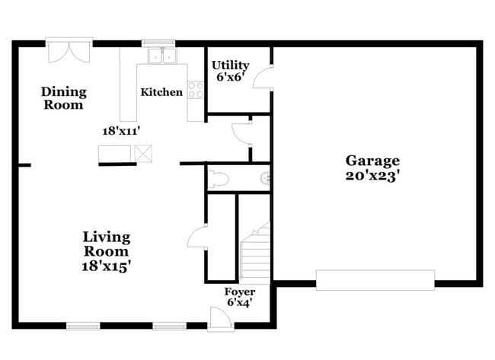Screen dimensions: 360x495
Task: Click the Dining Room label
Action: pyautogui.click(x=63, y=98)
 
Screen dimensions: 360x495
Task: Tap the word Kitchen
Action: pyautogui.click(x=161, y=92)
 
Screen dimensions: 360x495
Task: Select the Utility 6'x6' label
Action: pyautogui.click(x=230, y=71)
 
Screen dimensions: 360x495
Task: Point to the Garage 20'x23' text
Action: pyautogui.click(x=372, y=167)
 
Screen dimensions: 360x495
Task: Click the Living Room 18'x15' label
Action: pyautogui.click(x=107, y=251)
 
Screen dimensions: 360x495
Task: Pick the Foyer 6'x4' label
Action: pyautogui.click(x=239, y=297)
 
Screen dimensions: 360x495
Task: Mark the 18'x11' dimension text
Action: pyautogui.click(x=123, y=130)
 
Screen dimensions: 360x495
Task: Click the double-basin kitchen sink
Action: pyautogui.click(x=161, y=56)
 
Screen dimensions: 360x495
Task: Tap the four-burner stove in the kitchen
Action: pyautogui.click(x=196, y=90)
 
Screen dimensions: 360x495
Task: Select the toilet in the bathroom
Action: pyautogui.click(x=219, y=179)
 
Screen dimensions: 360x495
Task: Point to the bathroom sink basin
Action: pyautogui.click(x=265, y=179)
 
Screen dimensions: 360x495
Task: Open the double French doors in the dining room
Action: pyautogui.click(x=69, y=50)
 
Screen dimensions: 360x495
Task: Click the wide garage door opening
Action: pyautogui.click(x=375, y=279)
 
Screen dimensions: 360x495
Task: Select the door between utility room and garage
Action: pyautogui.click(x=264, y=78)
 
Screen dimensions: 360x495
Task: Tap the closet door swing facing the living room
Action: pyautogui.click(x=196, y=235)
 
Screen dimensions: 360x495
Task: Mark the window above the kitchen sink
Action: pyautogui.click(x=159, y=42)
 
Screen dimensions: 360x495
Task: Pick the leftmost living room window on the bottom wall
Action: pyautogui.click(x=83, y=326)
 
